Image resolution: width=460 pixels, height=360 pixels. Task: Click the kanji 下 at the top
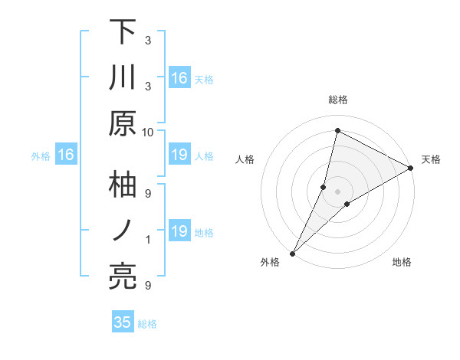tap(123, 34)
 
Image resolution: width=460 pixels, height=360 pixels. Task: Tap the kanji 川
tap(123, 79)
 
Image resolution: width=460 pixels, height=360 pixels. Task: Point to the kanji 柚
tap(123, 185)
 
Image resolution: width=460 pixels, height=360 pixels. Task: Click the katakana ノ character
tap(123, 231)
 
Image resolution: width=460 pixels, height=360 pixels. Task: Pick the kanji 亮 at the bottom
tap(123, 277)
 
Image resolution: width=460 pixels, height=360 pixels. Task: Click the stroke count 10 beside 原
tap(147, 132)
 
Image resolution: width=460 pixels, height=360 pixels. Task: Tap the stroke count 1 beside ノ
tap(148, 240)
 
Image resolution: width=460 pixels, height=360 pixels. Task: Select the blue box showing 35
tap(123, 322)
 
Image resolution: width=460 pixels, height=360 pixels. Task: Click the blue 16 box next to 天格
tap(179, 78)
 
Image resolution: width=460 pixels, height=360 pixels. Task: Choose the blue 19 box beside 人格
tap(179, 155)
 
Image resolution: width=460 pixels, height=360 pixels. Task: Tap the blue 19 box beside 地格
tap(179, 231)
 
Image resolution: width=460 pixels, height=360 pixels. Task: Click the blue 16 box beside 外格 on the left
tap(66, 155)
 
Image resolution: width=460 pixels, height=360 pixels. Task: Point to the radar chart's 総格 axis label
tap(338, 100)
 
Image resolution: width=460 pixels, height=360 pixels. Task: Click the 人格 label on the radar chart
tap(245, 159)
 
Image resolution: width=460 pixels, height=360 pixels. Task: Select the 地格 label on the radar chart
tap(402, 263)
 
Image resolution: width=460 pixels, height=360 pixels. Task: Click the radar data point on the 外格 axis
tap(292, 253)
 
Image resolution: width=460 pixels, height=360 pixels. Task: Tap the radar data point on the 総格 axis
tap(337, 130)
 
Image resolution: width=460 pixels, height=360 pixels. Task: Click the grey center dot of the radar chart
tap(337, 191)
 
